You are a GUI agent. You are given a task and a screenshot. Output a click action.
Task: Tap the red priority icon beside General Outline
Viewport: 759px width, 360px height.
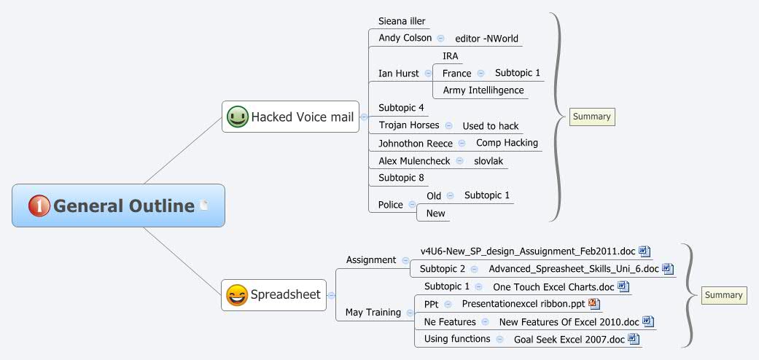(x=39, y=206)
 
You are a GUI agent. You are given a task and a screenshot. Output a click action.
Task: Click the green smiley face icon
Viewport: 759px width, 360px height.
(x=237, y=117)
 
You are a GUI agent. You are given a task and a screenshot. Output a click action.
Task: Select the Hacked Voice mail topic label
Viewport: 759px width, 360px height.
(x=302, y=117)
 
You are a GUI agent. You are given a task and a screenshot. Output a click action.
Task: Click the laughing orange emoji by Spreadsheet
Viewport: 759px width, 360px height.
(x=237, y=295)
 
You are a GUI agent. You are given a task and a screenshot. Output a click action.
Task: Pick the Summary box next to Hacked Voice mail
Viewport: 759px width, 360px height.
(x=591, y=117)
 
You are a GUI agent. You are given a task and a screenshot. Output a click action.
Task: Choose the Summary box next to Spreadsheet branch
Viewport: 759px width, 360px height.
(x=723, y=295)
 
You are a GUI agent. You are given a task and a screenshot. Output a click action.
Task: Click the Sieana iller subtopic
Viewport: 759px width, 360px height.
(x=402, y=21)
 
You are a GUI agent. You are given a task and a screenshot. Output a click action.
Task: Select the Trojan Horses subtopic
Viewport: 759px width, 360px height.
(x=409, y=125)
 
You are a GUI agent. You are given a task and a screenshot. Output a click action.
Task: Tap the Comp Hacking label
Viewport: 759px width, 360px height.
(x=507, y=143)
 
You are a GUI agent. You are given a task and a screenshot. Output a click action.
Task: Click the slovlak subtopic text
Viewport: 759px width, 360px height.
(x=489, y=160)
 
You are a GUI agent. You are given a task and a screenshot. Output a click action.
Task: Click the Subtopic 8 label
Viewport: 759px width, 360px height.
(x=401, y=178)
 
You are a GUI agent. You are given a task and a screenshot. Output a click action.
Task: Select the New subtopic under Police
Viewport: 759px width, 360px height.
(x=435, y=214)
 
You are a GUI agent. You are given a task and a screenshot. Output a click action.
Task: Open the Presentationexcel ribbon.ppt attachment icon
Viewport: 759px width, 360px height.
(x=593, y=303)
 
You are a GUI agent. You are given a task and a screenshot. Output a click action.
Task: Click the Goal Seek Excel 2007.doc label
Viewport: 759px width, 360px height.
(x=569, y=339)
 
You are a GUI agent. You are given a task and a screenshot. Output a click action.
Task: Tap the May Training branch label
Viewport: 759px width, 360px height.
(x=373, y=312)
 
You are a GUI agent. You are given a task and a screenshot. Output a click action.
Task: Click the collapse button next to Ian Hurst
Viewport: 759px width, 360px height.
(x=428, y=73)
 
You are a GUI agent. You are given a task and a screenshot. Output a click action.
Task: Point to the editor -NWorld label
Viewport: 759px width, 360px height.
(x=486, y=38)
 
